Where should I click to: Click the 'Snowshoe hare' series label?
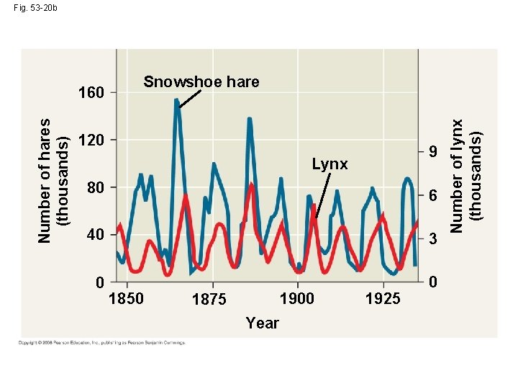click(201, 82)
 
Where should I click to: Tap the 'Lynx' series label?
click(330, 165)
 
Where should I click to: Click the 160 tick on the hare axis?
click(91, 93)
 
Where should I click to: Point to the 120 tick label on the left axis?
click(91, 140)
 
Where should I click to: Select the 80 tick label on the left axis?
click(95, 188)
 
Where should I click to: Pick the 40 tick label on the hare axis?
click(95, 235)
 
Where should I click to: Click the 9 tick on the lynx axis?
click(432, 153)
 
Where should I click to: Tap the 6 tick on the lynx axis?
click(432, 197)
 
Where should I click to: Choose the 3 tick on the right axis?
click(432, 241)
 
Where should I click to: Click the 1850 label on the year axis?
click(126, 298)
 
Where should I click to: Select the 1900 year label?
click(296, 298)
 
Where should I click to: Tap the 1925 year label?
click(383, 299)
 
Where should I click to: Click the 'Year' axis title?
click(262, 323)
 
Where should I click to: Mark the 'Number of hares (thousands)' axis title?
click(53, 180)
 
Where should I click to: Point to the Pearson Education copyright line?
click(101, 342)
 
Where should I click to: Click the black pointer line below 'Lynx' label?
click(322, 194)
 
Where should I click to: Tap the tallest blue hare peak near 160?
click(177, 102)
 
